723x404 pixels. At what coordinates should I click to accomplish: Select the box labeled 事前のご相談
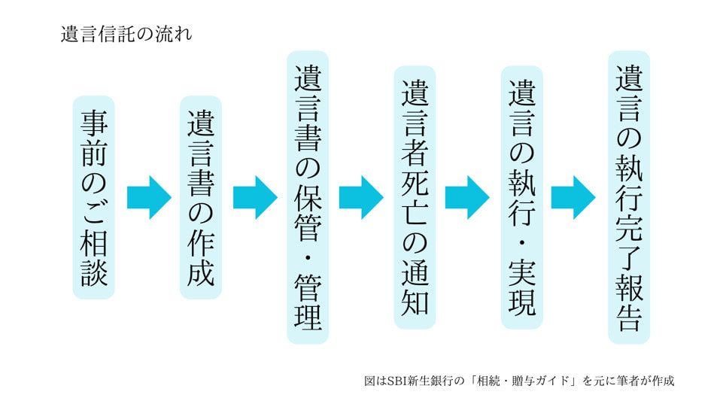click(95, 197)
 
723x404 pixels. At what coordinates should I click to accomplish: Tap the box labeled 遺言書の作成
click(201, 197)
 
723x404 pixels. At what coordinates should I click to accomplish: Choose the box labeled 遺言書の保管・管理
click(308, 197)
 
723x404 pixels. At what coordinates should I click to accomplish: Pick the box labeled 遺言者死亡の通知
click(415, 197)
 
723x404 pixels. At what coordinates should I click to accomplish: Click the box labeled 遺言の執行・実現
click(521, 197)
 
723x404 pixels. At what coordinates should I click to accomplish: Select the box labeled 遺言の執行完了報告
click(628, 197)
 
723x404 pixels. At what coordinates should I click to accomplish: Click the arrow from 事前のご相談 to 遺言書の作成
click(148, 198)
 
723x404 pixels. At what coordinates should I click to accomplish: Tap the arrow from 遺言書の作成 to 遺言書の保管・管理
click(255, 198)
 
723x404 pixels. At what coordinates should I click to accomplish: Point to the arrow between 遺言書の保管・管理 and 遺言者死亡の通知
click(361, 198)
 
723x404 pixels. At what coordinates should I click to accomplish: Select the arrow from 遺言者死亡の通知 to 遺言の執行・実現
click(467, 198)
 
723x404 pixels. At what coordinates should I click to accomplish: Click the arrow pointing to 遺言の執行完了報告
click(573, 198)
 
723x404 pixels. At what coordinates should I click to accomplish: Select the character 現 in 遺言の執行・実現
click(521, 302)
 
